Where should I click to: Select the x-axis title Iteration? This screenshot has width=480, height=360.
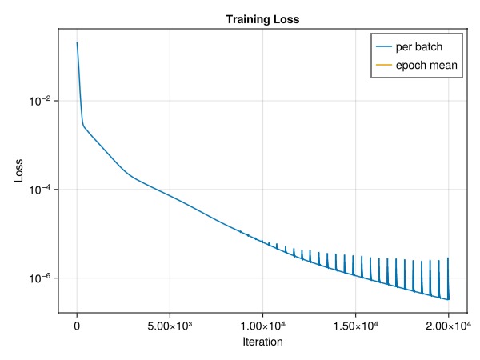click(262, 342)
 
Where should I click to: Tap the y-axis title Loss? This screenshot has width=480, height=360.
click(18, 170)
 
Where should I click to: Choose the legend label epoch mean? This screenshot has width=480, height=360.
click(429, 65)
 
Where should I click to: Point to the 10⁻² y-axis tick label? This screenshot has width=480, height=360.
click(40, 101)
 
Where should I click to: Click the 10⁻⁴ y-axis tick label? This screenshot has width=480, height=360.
click(40, 189)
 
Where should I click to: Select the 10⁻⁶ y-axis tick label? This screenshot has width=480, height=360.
click(40, 278)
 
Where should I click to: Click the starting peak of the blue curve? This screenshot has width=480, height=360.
click(77, 42)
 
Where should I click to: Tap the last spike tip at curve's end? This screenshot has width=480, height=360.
click(447, 258)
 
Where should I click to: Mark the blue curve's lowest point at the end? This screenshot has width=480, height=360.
click(449, 300)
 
